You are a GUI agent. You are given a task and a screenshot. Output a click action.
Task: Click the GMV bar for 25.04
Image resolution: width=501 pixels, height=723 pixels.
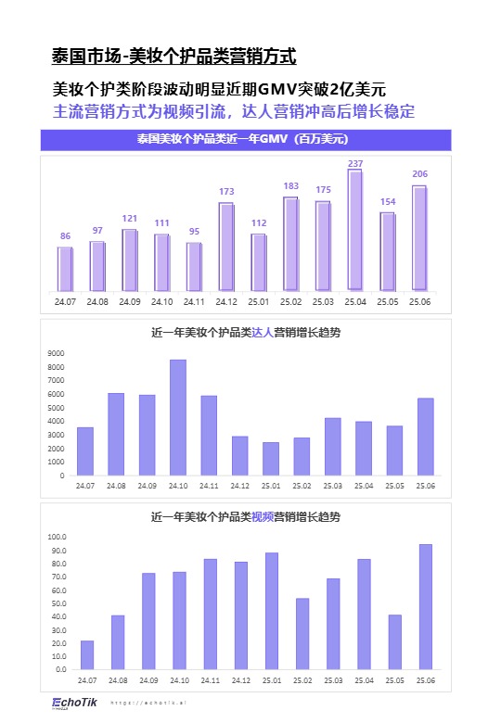pos(355,230)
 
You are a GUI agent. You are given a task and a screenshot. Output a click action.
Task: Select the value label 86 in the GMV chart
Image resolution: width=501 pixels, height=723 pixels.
pos(65,236)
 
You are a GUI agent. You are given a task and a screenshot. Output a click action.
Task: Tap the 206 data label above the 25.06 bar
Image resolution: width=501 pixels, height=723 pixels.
pos(419,174)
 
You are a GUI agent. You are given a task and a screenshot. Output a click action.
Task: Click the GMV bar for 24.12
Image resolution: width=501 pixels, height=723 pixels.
pos(226,246)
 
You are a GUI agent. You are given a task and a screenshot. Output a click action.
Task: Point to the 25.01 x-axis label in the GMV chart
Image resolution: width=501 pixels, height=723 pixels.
pos(259,301)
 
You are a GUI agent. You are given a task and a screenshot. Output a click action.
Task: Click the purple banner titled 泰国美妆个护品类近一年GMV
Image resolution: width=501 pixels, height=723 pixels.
pos(245,140)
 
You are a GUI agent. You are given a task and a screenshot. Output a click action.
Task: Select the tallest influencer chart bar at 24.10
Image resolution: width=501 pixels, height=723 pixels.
pos(177,417)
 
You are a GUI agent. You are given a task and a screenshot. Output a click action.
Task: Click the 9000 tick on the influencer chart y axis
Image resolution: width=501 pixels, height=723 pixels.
pos(56,353)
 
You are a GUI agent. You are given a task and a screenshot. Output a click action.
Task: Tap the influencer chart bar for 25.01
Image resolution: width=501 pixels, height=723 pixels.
pos(270,458)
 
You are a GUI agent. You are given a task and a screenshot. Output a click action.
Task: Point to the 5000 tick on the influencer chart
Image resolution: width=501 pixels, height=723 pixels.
pos(56,408)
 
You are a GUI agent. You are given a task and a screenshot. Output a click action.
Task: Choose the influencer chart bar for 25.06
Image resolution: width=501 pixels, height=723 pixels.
pos(425,437)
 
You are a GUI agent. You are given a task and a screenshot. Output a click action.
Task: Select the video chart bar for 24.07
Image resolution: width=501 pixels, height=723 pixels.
pos(86,654)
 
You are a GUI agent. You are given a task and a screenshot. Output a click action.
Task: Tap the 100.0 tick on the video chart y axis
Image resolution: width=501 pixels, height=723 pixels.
pos(55,537)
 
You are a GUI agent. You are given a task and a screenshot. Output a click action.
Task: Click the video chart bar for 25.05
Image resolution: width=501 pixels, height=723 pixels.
pos(394,641)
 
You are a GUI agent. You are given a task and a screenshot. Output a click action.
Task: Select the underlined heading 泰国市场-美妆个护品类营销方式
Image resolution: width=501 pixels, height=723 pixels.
pos(173,57)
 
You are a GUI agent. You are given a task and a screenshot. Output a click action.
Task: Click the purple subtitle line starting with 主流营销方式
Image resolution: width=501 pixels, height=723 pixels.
pos(233,111)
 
